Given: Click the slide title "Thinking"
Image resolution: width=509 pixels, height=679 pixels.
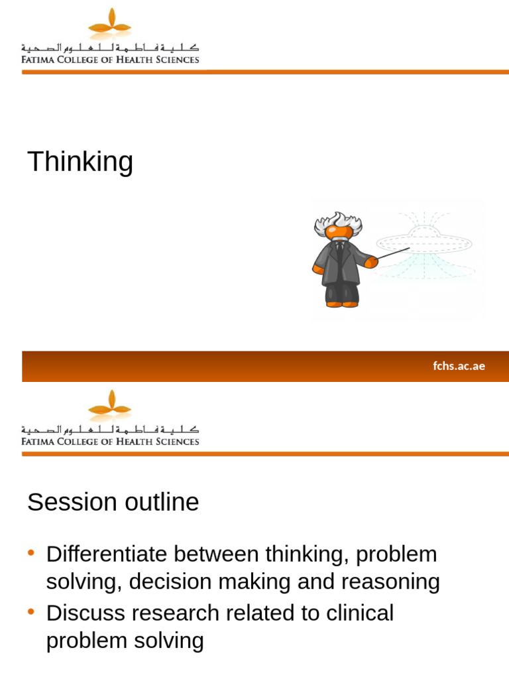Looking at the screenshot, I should pos(80,162).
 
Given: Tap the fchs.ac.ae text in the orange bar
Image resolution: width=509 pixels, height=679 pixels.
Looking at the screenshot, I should pos(459,366).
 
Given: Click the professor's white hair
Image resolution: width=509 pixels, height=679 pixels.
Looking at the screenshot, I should pos(338,222).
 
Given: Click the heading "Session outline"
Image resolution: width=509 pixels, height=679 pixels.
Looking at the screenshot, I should pos(113,503).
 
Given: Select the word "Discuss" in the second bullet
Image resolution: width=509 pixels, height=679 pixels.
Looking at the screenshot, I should pos(86,613).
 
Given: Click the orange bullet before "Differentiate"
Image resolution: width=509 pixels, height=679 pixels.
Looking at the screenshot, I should pos(31,553).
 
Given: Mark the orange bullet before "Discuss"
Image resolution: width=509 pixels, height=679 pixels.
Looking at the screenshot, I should pos(31,612).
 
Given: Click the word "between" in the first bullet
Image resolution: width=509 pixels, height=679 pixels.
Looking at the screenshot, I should pos(217,554).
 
